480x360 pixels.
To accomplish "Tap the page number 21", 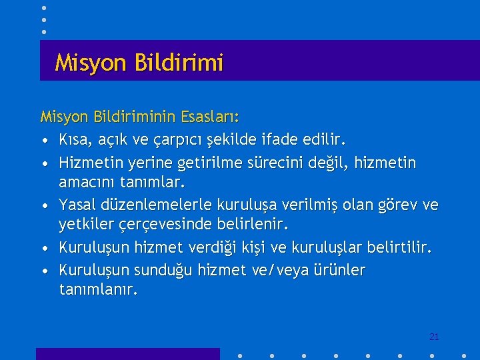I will pyautogui.click(x=434, y=337).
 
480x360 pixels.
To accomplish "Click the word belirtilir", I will pyautogui.click(x=399, y=247).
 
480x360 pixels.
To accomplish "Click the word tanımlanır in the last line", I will pyautogui.click(x=99, y=290).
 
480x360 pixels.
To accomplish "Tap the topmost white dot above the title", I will pyautogui.click(x=43, y=8).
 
